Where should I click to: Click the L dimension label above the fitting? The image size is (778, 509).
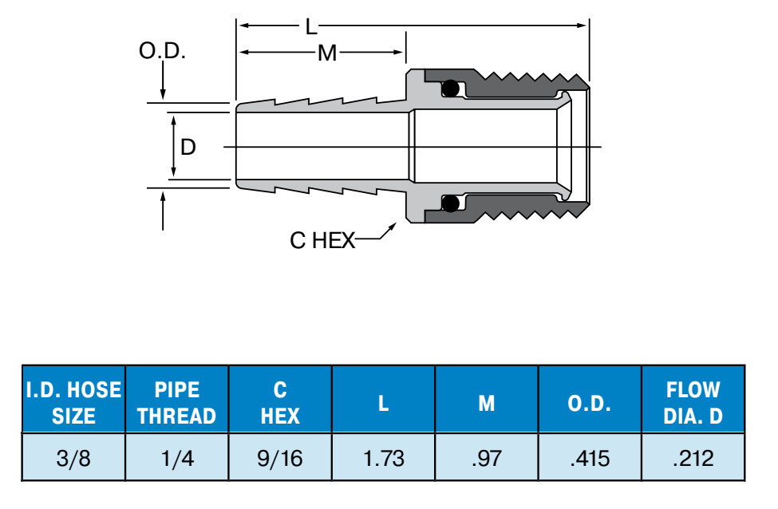[x=311, y=27]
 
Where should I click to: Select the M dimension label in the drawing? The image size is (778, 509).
[x=327, y=53]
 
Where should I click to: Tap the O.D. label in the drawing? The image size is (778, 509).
[x=162, y=51]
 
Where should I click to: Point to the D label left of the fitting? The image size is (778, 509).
[x=188, y=147]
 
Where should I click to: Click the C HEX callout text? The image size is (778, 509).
[x=322, y=241]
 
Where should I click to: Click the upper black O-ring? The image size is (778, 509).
[x=451, y=89]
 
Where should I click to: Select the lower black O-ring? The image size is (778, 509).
[x=451, y=203]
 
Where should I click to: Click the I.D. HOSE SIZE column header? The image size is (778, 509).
[x=73, y=403]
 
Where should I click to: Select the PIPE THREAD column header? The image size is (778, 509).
[x=176, y=403]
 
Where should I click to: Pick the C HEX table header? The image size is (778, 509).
[x=280, y=403]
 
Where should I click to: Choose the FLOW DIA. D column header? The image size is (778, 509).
[x=693, y=403]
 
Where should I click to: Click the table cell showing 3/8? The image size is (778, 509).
[x=73, y=459]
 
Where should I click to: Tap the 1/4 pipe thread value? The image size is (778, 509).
[x=177, y=459]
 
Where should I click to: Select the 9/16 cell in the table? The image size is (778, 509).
[x=280, y=459]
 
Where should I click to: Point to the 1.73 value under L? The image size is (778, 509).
[x=384, y=459]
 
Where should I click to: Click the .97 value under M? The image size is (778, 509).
[x=487, y=459]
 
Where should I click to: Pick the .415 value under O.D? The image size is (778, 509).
[x=590, y=459]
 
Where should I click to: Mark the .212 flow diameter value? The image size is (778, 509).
[x=693, y=459]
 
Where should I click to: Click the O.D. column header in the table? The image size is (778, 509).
[x=590, y=404]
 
